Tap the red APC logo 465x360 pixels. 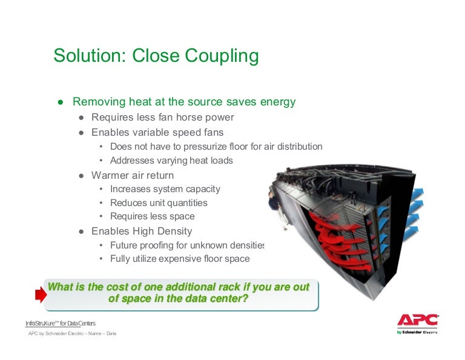[417, 321]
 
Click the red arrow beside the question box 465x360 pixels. [41, 295]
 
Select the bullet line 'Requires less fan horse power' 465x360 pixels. [162, 118]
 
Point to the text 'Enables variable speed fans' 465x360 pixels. [157, 132]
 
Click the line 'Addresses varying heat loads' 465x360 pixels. [171, 161]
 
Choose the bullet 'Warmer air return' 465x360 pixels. [132, 175]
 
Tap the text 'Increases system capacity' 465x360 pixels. [165, 189]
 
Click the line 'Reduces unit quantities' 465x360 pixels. [159, 203]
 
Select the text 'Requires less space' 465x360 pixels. [152, 216]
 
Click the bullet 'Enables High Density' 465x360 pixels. [142, 231]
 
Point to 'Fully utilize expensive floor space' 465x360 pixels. [179, 259]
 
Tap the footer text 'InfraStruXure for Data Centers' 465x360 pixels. [60, 322]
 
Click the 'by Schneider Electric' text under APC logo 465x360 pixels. [417, 332]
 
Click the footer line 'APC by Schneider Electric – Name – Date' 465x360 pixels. [72, 334]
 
